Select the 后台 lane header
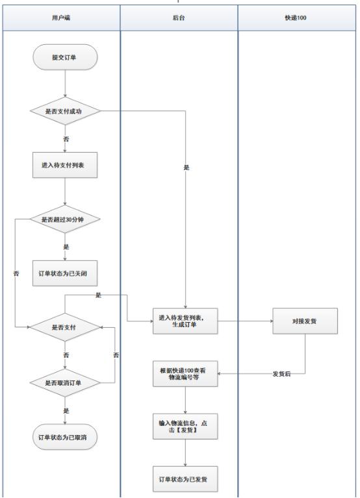179,18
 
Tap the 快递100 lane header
296,18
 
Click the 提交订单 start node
66,58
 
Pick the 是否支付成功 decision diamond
65,110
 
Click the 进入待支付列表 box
65,165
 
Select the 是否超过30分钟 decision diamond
65,219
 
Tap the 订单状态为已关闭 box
65,273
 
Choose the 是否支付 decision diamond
65,327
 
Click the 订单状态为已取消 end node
65,438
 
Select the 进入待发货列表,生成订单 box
186,321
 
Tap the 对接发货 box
305,321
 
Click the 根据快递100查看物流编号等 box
186,375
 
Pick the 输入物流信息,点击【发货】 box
186,427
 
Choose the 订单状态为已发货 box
186,479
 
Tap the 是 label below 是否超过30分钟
65,247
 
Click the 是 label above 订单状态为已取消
65,410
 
